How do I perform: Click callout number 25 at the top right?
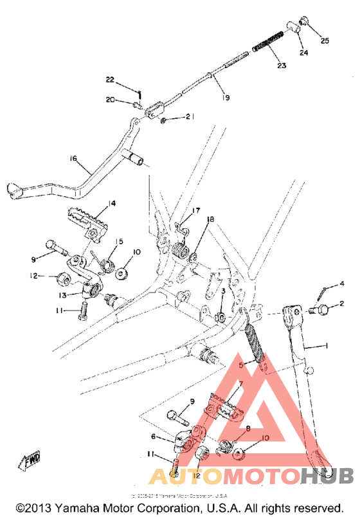tap(325, 41)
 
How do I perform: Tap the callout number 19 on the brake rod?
tap(224, 98)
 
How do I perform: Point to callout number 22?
tap(110, 80)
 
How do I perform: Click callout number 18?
tap(210, 220)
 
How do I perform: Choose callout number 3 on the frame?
tap(223, 291)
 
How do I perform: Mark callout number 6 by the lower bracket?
tap(153, 436)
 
